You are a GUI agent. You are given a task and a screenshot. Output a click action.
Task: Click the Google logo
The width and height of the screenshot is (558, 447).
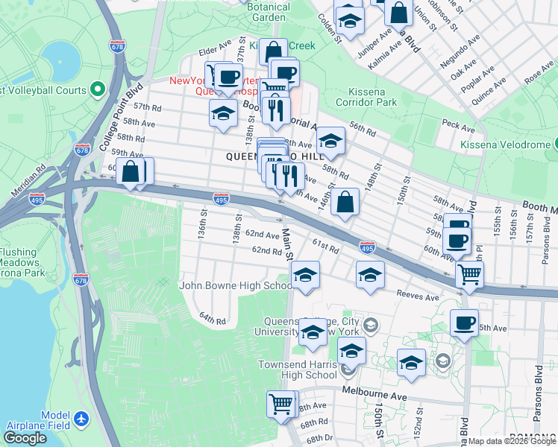pyautogui.click(x=25, y=438)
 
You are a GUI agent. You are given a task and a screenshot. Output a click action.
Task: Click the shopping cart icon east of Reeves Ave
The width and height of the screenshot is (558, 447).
pyautogui.click(x=469, y=274)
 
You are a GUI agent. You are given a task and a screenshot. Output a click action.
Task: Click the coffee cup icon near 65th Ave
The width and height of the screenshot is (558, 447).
pyautogui.click(x=465, y=323)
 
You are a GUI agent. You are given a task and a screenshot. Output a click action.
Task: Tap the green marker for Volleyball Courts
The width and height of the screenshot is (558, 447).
pyautogui.click(x=96, y=90)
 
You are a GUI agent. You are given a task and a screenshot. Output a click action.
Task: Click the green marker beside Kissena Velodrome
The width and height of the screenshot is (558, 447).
pyautogui.click(x=557, y=144)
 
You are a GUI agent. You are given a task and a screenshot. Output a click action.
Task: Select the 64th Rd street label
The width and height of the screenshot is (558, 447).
pyautogui.click(x=212, y=318)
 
